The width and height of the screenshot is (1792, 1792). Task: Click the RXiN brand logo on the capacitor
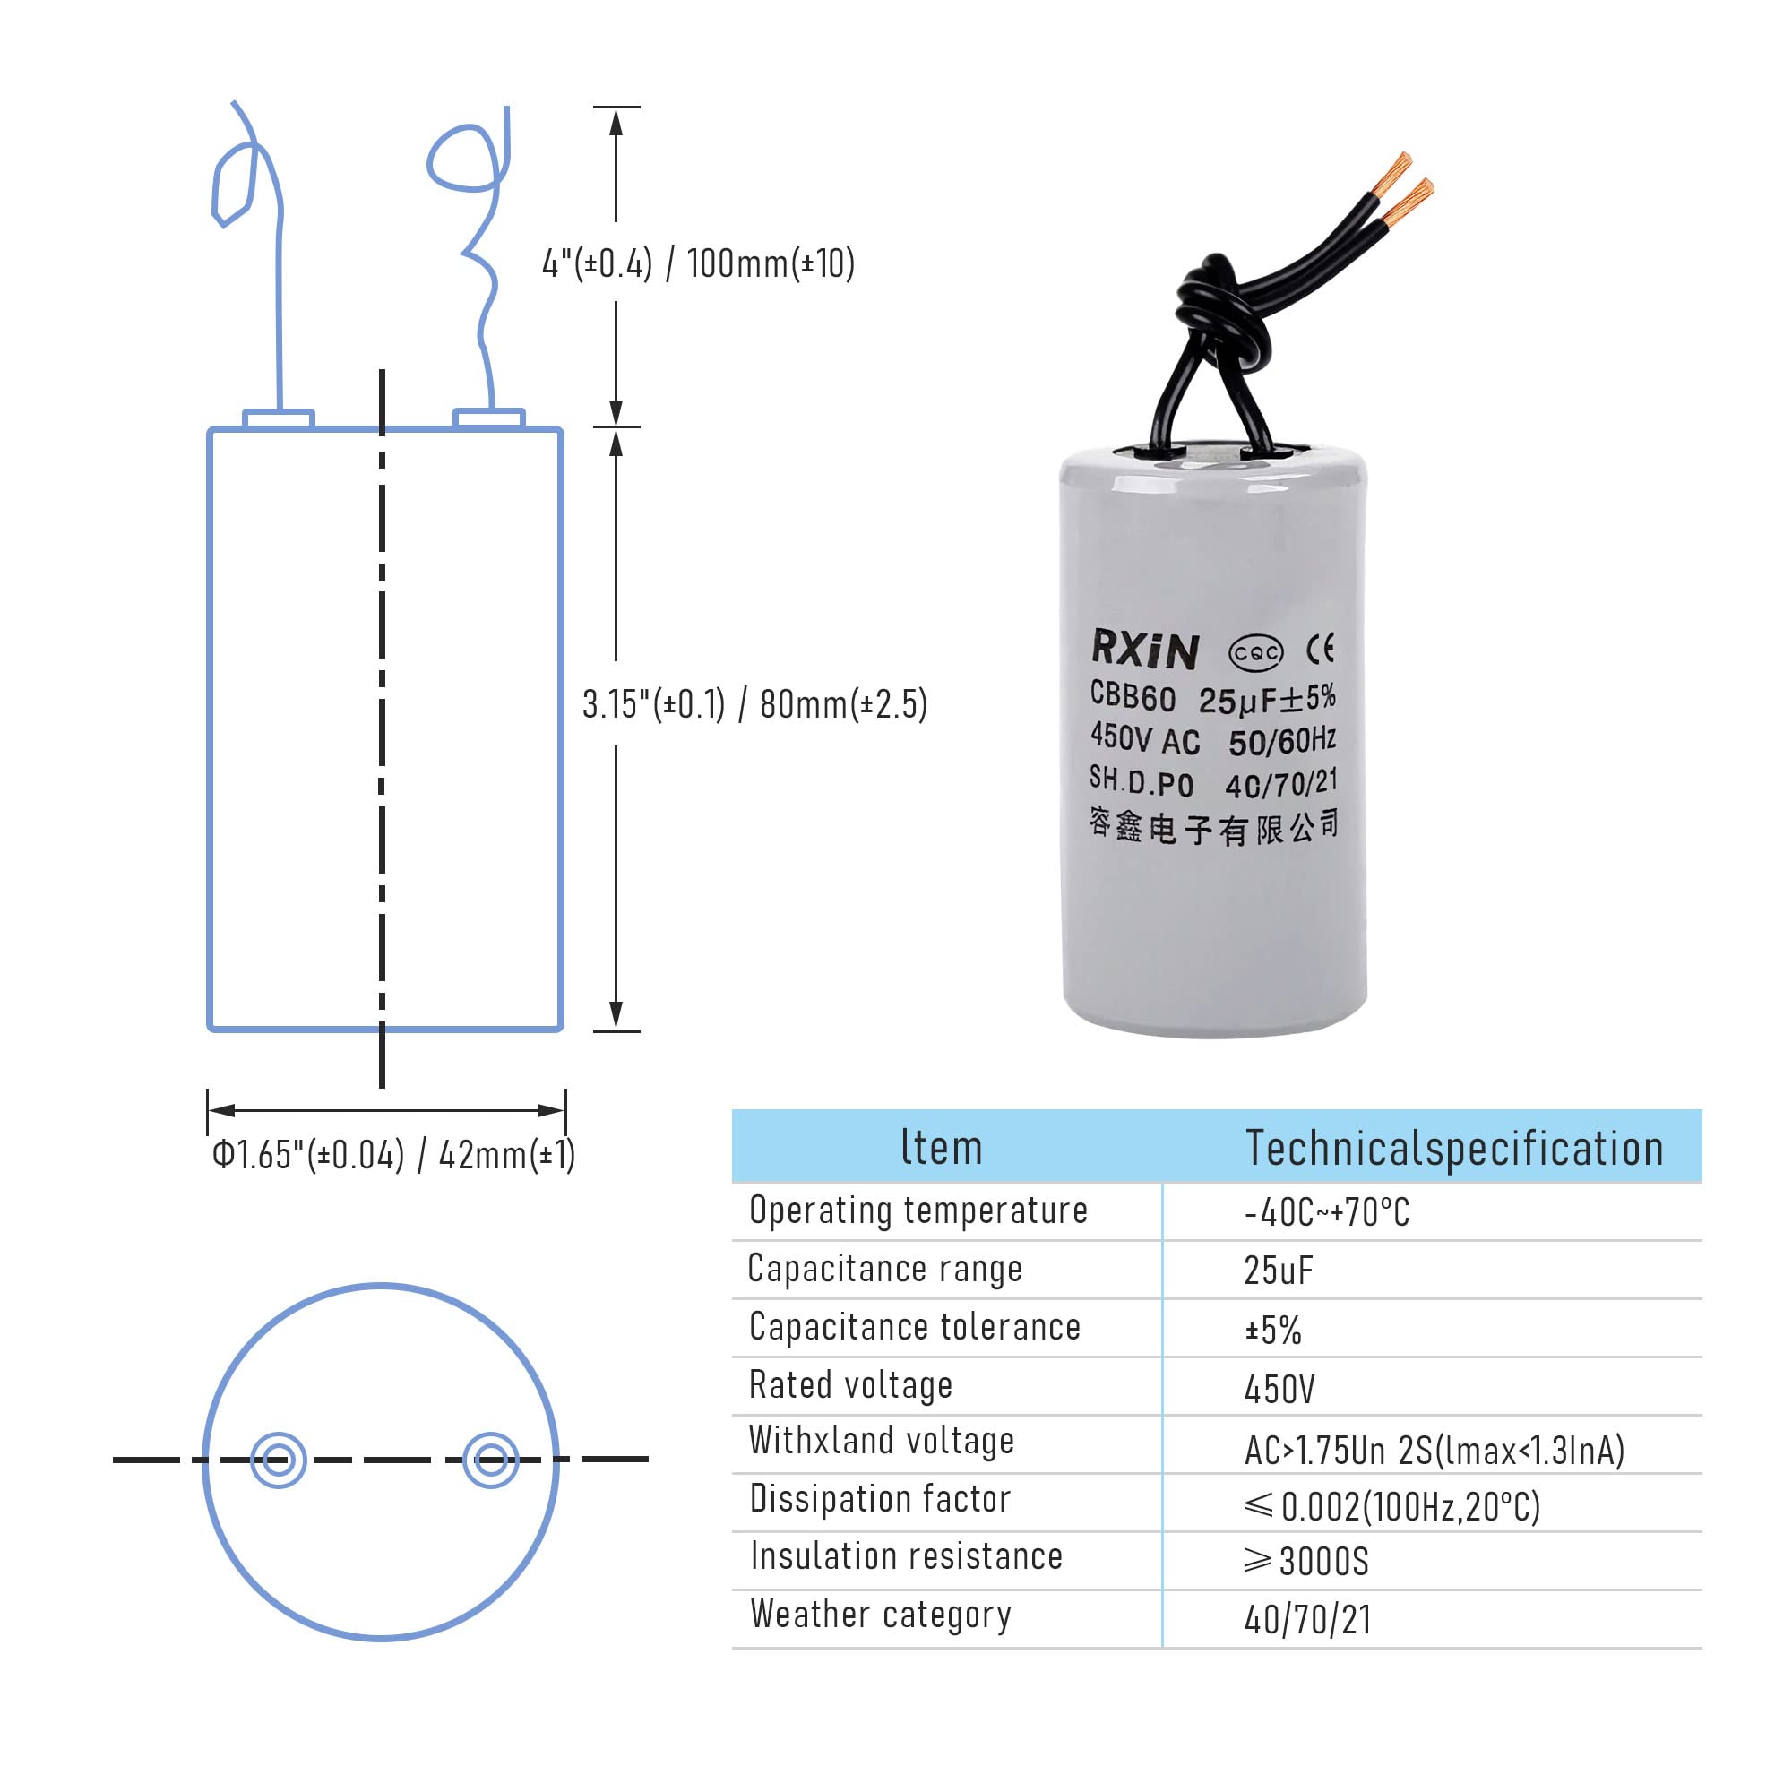click(1144, 649)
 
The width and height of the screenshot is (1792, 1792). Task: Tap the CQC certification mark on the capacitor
click(1255, 653)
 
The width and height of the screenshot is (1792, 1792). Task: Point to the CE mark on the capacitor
click(1320, 649)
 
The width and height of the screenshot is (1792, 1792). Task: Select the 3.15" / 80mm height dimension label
click(754, 704)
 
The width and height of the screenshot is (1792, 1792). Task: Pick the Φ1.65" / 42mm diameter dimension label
click(393, 1155)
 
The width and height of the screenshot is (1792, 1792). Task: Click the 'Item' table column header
click(941, 1148)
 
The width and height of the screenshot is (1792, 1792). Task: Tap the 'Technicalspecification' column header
click(1453, 1149)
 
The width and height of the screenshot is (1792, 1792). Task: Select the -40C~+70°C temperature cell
click(1326, 1212)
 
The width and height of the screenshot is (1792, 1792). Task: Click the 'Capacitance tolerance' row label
click(915, 1327)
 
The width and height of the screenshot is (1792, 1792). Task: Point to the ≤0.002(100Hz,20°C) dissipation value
click(1391, 1506)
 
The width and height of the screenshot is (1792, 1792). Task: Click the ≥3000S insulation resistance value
click(1306, 1562)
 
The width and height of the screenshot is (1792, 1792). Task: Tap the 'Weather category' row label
click(880, 1615)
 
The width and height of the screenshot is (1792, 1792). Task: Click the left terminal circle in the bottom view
click(279, 1460)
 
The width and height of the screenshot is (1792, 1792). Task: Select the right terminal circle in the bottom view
click(491, 1460)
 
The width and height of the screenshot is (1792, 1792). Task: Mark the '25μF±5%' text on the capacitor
click(1266, 699)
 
